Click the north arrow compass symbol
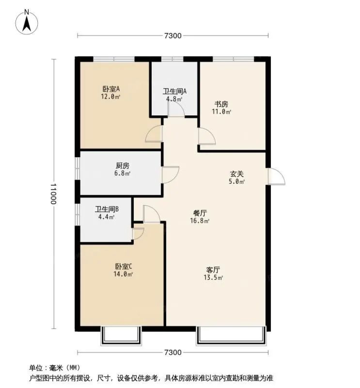pos(27,22)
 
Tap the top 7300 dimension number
pos(173,36)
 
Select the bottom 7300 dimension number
pos(173,352)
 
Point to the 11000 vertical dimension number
pos(53,194)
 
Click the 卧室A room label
pos(111,89)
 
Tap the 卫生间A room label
pos(175,91)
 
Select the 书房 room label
pos(221,104)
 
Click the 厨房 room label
pos(122,165)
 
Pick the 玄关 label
pos(237,174)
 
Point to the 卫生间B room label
pos(107,209)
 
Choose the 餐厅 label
pos(200,213)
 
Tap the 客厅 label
pos(213,270)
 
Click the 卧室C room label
pos(123,267)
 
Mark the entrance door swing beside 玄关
pos(276,176)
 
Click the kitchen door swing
pos(170,175)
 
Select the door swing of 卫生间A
pos(176,108)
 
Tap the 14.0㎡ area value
pos(123,274)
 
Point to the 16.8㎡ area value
pos(200,221)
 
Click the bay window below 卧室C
pos(121,336)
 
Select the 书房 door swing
pos(207,136)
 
